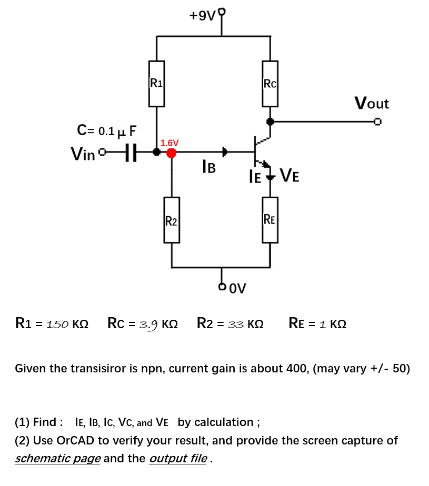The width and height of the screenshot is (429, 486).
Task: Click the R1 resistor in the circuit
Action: click(156, 83)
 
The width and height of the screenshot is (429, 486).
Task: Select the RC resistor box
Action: click(270, 83)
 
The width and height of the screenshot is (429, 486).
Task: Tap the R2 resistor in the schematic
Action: click(172, 220)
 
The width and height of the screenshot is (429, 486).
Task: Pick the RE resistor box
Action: click(270, 219)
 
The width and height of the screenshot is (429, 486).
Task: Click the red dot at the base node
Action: click(171, 153)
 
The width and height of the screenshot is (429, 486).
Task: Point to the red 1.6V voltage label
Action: click(169, 143)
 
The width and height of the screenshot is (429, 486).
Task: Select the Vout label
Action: click(372, 103)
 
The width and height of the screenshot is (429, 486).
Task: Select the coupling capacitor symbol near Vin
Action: click(132, 153)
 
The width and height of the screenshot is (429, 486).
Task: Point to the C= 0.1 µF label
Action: click(107, 129)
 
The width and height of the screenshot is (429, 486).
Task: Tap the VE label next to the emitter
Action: click(290, 175)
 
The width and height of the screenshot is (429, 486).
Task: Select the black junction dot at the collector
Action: click(270, 121)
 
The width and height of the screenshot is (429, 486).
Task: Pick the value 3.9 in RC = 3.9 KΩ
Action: click(149, 323)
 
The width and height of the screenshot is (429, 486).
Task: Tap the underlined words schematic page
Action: click(58, 458)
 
